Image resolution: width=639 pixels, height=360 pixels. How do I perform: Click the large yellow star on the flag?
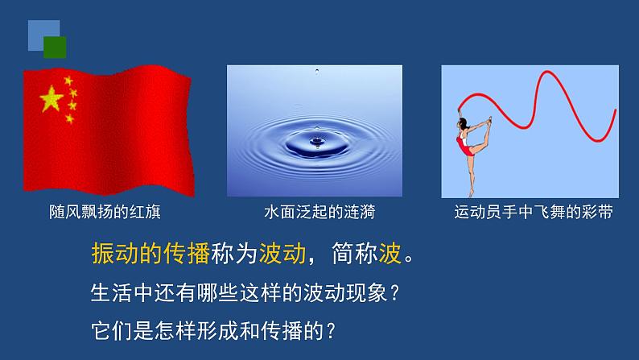click(x=52, y=99)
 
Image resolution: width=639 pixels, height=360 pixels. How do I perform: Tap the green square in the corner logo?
click(x=55, y=48)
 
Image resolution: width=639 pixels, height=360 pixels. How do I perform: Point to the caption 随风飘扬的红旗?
click(x=105, y=212)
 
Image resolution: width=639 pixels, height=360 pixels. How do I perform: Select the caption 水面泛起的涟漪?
click(x=319, y=212)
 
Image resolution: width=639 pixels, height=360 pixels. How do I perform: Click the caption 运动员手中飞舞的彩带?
click(x=534, y=212)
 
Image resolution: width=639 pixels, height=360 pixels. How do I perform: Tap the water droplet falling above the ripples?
click(x=317, y=72)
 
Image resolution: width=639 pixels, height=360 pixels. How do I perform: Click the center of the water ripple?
click(x=317, y=142)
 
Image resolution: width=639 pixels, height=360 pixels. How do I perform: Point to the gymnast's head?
click(x=463, y=122)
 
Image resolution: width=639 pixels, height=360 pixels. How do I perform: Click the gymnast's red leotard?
click(x=464, y=144)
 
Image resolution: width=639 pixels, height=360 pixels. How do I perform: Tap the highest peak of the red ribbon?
click(x=547, y=72)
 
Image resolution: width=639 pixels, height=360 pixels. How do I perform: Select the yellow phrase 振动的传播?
click(x=150, y=253)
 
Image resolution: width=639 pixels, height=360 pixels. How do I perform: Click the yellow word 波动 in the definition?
click(x=282, y=253)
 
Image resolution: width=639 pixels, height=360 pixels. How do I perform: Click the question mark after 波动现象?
click(x=394, y=293)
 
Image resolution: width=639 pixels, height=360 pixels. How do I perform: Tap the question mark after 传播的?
click(x=331, y=331)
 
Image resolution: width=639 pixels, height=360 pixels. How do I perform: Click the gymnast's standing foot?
click(x=472, y=193)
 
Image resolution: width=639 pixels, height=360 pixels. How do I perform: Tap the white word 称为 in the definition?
click(x=234, y=253)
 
